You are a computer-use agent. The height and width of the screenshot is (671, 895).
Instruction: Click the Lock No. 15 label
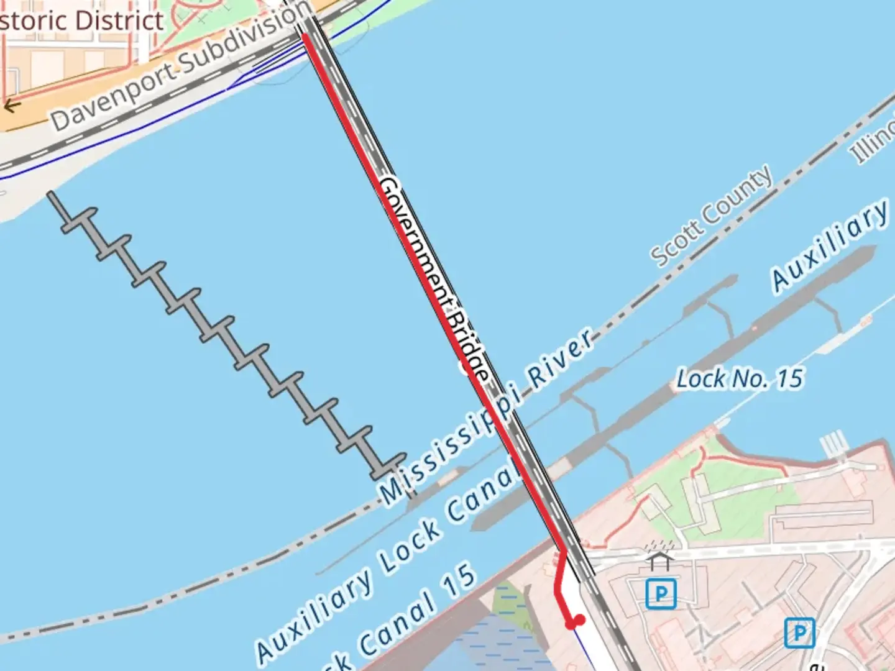[x=739, y=378]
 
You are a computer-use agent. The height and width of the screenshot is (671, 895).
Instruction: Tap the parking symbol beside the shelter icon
[x=660, y=594]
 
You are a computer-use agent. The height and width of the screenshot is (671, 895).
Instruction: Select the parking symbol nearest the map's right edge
[x=799, y=632]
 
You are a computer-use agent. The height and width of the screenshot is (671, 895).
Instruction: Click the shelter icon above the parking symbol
[x=659, y=561]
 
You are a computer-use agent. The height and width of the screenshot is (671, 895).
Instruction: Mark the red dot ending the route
[x=578, y=620]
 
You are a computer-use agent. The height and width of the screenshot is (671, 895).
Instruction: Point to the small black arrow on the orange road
[x=11, y=106]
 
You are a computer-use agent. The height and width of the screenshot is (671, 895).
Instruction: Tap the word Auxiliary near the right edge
[x=830, y=245]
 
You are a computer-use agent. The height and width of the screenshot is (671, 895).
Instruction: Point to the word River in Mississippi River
[x=560, y=363]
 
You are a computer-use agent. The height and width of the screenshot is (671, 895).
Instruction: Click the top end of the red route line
[x=305, y=36]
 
